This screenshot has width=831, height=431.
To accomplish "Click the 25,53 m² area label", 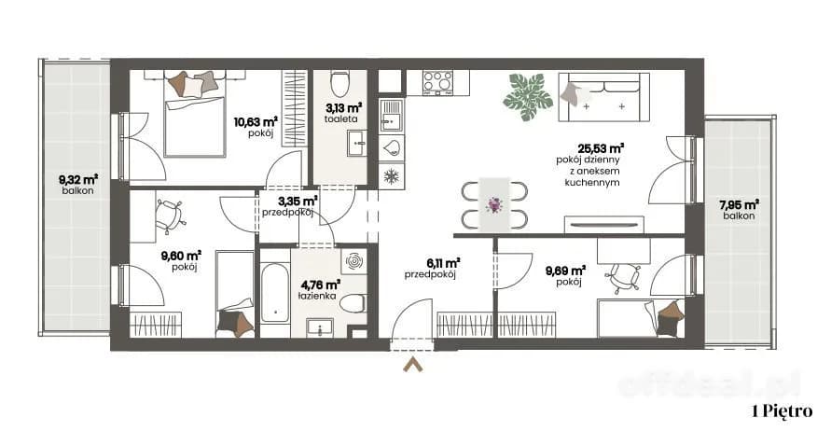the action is pyautogui.click(x=601, y=148).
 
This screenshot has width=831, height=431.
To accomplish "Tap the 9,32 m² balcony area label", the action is pyautogui.click(x=78, y=180).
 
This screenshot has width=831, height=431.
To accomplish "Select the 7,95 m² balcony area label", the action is pyautogui.click(x=739, y=204).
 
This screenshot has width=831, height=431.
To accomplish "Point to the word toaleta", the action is pyautogui.click(x=340, y=119).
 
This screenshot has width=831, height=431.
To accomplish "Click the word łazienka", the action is pyautogui.click(x=317, y=296).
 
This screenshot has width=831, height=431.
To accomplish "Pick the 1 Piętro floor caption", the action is pyautogui.click(x=782, y=411).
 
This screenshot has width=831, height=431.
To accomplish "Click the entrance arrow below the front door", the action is pyautogui.click(x=412, y=365).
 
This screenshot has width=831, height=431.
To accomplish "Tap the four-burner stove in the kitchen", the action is pyautogui.click(x=437, y=82).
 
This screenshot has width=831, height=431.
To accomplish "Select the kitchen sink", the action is pyautogui.click(x=391, y=116).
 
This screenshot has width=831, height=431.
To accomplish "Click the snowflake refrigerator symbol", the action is pyautogui.click(x=391, y=176).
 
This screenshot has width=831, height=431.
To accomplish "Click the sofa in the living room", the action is pyautogui.click(x=604, y=98).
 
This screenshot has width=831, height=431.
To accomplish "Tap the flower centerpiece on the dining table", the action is pyautogui.click(x=494, y=204).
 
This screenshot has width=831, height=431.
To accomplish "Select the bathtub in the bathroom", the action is pyautogui.click(x=274, y=293).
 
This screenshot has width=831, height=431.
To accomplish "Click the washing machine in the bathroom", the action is pyautogui.click(x=353, y=261).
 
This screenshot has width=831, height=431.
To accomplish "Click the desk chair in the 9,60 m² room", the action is pyautogui.click(x=170, y=215).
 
